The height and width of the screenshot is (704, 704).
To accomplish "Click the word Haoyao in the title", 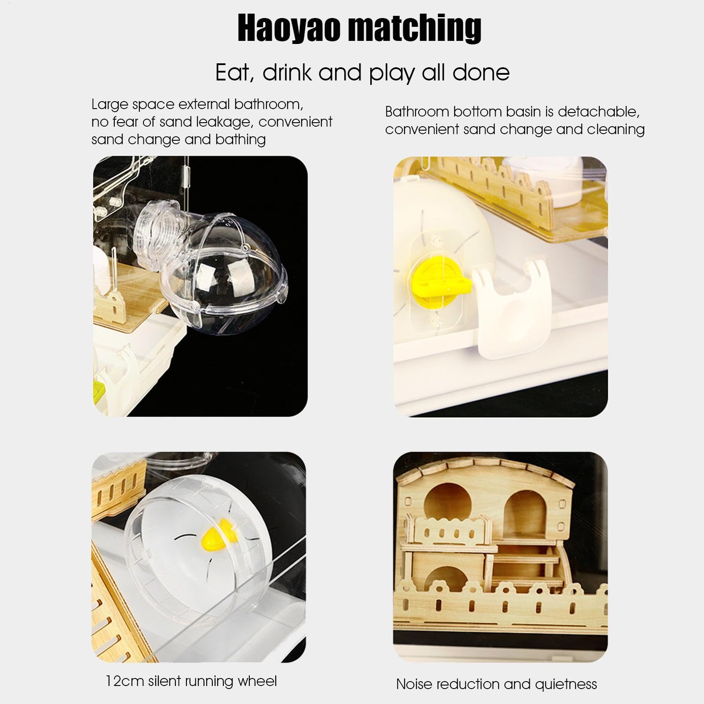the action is coord(289,28).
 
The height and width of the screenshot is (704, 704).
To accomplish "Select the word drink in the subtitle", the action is coord(287,72).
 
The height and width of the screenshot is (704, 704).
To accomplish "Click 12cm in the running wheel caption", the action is coord(125,681).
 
